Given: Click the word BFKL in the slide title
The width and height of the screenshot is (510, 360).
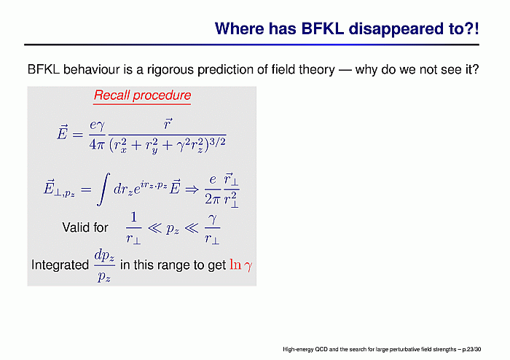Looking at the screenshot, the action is click(x=322, y=28).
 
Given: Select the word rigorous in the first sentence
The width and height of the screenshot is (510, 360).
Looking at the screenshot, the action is click(x=170, y=70).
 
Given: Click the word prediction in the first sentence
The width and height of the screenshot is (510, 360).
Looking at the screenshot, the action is click(x=224, y=70).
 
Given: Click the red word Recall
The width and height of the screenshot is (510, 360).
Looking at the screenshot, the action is click(x=111, y=95).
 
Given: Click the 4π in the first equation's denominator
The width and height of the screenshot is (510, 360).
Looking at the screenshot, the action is click(x=97, y=144).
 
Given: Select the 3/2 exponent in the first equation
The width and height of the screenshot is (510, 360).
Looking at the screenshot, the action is click(x=218, y=141).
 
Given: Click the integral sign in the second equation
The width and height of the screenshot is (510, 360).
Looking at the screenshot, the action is click(x=103, y=189).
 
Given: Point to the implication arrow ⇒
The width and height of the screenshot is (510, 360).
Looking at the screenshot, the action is click(x=192, y=189).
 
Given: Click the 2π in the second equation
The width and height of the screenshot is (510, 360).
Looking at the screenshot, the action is click(x=213, y=199).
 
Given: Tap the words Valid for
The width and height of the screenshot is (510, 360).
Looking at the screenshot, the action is click(x=85, y=227).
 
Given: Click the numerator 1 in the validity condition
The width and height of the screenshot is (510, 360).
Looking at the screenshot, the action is click(x=133, y=217).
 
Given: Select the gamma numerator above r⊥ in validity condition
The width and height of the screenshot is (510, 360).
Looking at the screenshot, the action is click(x=213, y=219).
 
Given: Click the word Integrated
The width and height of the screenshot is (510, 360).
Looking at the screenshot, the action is click(x=60, y=265).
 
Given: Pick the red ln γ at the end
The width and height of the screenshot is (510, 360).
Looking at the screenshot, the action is click(x=240, y=265).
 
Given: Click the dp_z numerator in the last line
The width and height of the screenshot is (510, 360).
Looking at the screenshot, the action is click(x=104, y=256).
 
